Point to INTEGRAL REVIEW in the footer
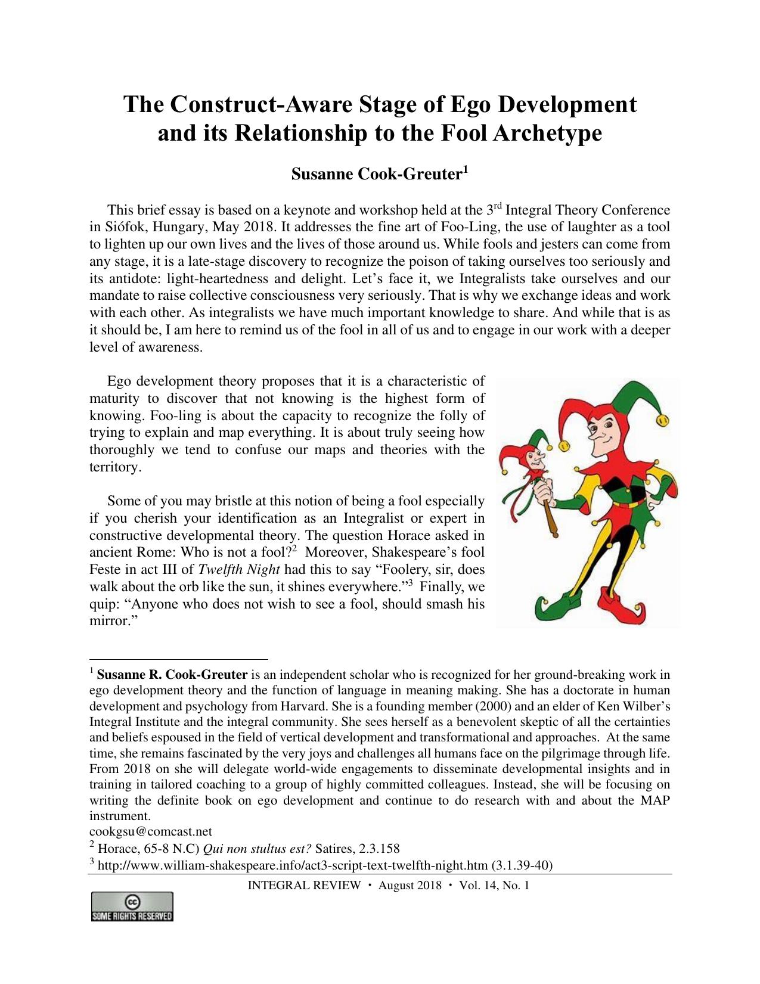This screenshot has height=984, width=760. tap(303, 885)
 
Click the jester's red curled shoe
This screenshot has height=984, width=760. tap(620, 603)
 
